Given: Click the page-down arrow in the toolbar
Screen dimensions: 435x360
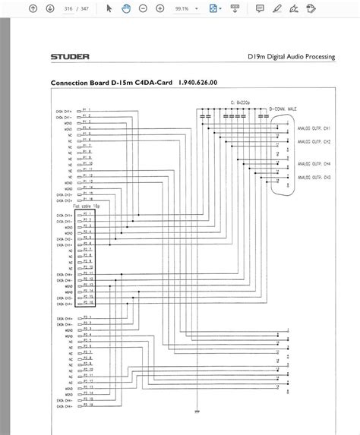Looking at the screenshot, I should click(50, 8).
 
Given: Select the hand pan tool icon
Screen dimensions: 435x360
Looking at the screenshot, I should click(126, 8).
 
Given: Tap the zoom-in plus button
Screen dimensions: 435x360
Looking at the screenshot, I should click(161, 8).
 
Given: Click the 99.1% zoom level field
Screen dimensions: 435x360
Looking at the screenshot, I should click(183, 8).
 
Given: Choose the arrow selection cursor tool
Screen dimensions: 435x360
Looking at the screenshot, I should click(109, 8).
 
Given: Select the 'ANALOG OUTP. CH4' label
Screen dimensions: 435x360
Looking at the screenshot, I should click(313, 163).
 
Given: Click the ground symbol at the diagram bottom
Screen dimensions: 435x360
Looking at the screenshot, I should click(197, 411).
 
